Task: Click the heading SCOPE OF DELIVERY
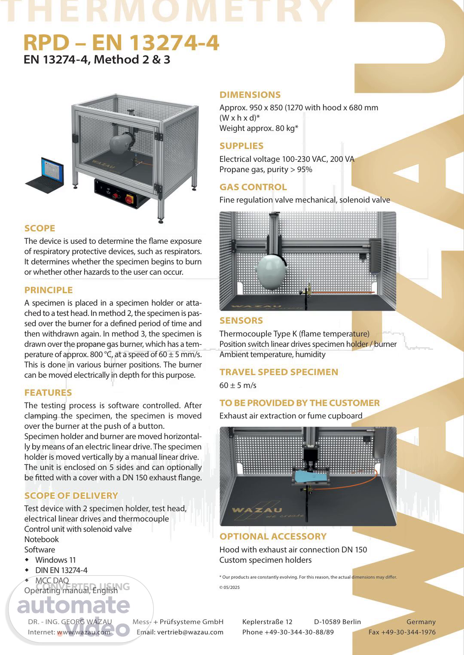coord(71,495)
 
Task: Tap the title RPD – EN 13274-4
coord(121,42)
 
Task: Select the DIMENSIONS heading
coord(250,95)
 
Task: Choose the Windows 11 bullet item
coord(55,560)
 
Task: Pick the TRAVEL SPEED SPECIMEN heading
coord(279,372)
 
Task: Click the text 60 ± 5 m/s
coord(238,385)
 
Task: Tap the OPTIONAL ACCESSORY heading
coord(273,537)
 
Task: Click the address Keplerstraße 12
coord(267,622)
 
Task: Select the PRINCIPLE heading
coord(49,290)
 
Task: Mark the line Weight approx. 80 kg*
coord(259,128)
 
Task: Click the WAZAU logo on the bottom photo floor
coord(257,510)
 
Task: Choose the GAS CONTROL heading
coord(253,187)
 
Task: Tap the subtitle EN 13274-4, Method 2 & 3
coord(97,60)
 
